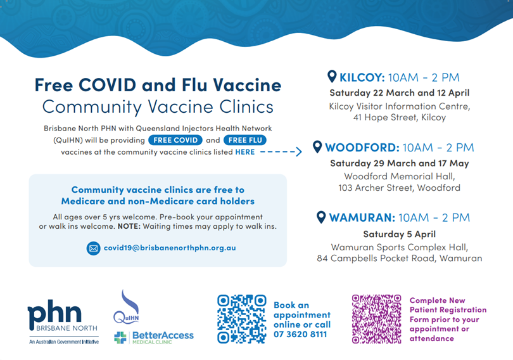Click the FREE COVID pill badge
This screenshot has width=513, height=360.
[x=175, y=140]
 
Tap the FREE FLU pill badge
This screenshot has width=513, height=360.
[x=245, y=140]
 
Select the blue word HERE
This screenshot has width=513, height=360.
[x=245, y=152]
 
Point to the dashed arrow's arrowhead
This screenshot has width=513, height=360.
[x=299, y=151]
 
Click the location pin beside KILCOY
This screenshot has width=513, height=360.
[x=332, y=77]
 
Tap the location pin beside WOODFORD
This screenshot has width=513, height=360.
[x=317, y=147]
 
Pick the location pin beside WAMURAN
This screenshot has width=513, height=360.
[x=321, y=217]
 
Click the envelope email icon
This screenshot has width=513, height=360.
[x=93, y=248]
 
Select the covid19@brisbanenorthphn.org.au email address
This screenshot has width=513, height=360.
[x=170, y=248]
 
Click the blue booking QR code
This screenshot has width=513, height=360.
[x=242, y=319]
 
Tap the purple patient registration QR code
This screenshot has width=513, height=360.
[x=377, y=319]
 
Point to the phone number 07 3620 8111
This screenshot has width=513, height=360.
[x=300, y=334]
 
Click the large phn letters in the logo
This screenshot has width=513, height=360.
[x=54, y=313]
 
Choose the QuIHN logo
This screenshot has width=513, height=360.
[x=127, y=307]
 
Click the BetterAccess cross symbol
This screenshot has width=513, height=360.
[x=120, y=337]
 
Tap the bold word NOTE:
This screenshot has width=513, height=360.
[x=129, y=226]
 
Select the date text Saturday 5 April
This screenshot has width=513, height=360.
[x=399, y=234]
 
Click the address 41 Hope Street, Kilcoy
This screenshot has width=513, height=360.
[x=399, y=117]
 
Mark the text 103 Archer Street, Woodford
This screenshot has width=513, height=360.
[x=399, y=188]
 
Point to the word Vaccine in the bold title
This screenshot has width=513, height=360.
[x=247, y=85]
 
